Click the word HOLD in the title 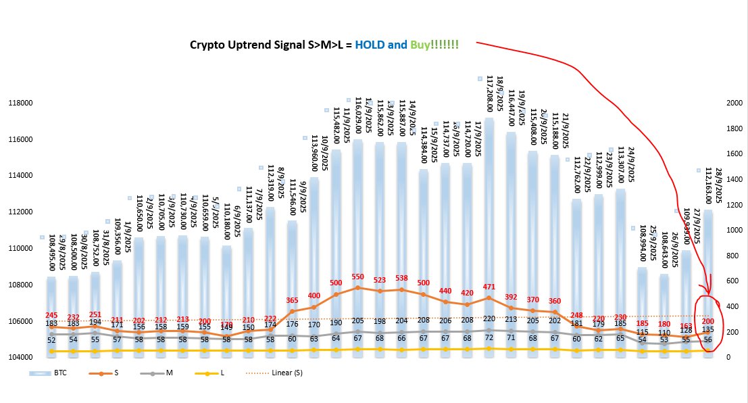point(369,45)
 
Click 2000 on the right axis point(733,103)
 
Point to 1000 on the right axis point(733,231)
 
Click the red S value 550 point(358,277)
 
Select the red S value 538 point(401,278)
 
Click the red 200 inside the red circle point(709,321)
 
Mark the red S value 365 point(293,300)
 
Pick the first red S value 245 point(51,316)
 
